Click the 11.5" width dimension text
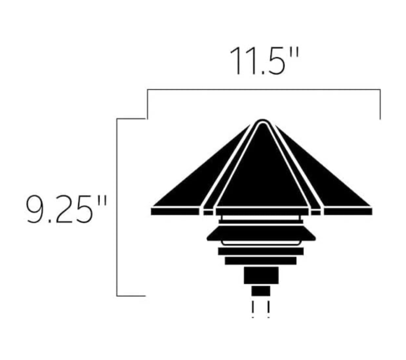coord(264,61)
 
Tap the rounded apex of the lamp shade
coord(262,122)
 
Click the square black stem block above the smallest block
coord(261,275)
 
